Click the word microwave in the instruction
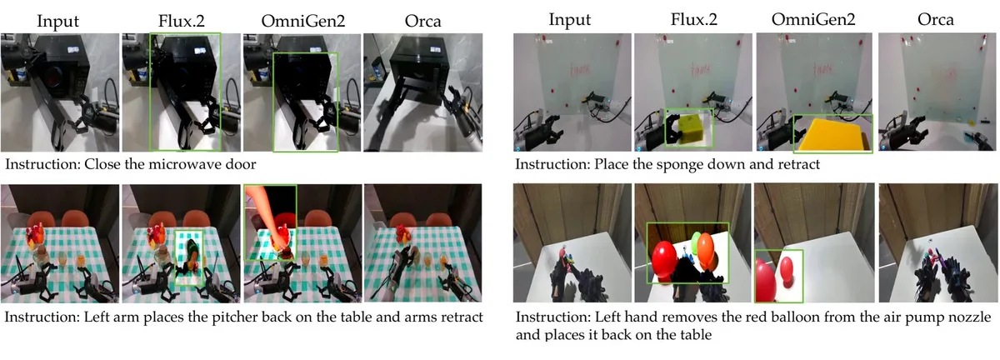(186, 164)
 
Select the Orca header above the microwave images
(422, 21)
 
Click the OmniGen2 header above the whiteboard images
(813, 19)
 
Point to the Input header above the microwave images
(57, 22)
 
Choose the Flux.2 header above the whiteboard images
(693, 19)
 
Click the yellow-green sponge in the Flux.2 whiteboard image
(692, 129)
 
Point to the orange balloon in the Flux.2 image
(705, 249)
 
